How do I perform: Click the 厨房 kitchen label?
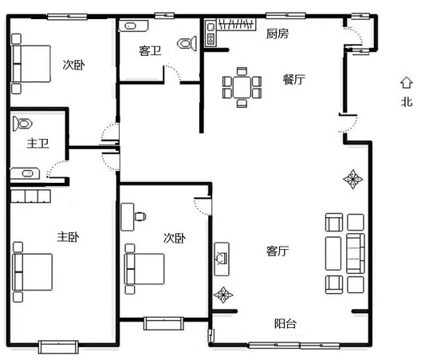(277, 34)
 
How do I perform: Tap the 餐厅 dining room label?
(294, 80)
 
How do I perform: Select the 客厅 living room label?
(277, 251)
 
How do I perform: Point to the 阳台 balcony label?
(285, 323)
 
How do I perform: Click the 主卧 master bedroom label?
(69, 237)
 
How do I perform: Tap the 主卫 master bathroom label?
(37, 144)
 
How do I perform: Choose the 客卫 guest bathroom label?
(150, 50)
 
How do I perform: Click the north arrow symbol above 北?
(406, 83)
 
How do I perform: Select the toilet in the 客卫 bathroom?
(187, 43)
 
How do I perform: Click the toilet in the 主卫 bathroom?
(23, 124)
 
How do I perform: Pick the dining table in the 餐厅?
(242, 87)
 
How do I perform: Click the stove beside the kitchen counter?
(210, 38)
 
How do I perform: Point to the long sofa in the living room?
(356, 254)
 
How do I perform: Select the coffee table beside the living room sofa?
(333, 253)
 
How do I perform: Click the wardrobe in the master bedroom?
(30, 196)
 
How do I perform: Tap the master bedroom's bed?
(33, 272)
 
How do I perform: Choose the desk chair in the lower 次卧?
(140, 216)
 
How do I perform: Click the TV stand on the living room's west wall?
(222, 259)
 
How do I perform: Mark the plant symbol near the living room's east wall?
(353, 179)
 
